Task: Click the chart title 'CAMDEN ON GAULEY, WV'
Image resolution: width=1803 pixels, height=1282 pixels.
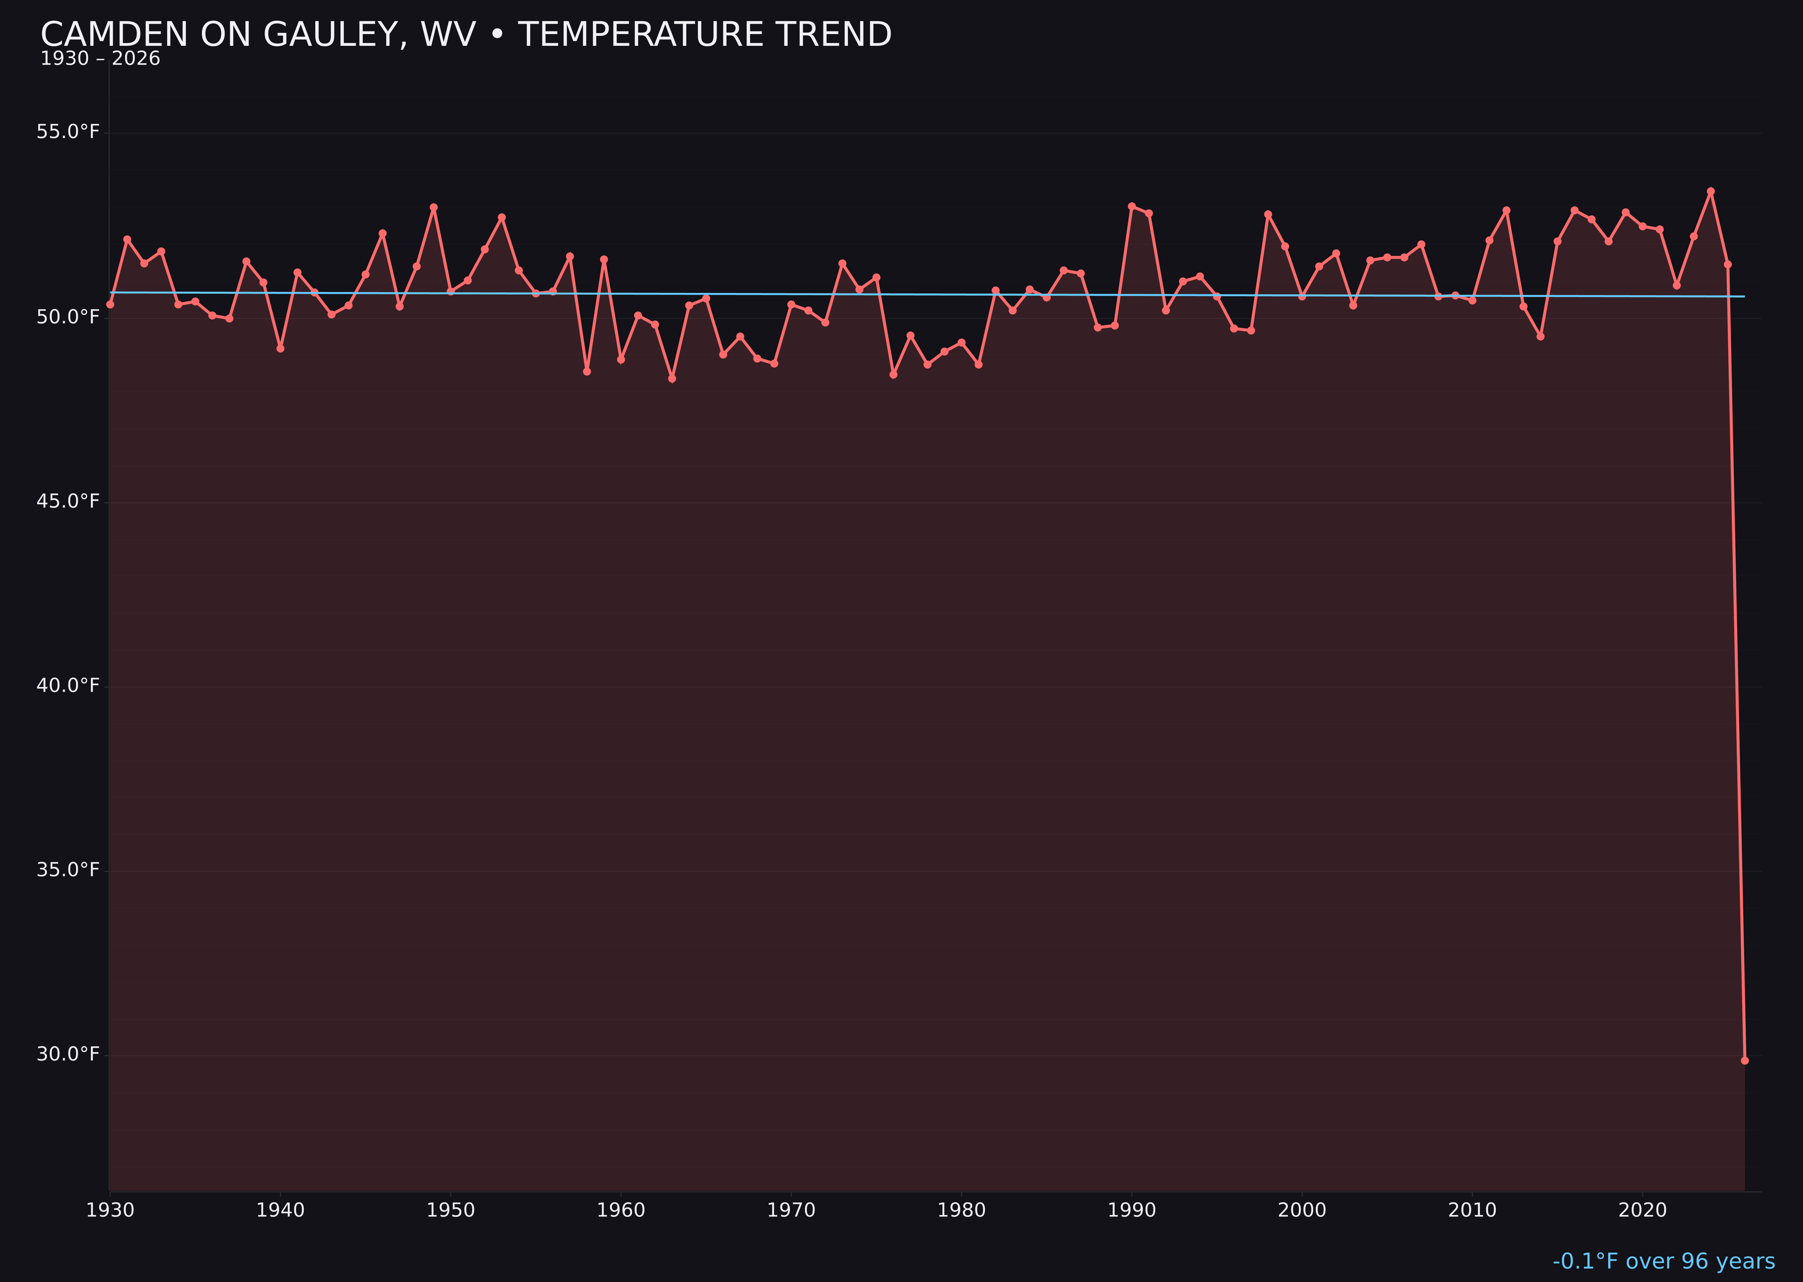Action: pos(466,35)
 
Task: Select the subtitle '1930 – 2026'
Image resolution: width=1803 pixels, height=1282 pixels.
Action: pos(100,59)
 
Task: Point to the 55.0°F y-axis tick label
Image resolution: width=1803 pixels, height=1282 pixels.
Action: pos(68,132)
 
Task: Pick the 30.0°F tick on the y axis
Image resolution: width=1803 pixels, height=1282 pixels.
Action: pos(68,1055)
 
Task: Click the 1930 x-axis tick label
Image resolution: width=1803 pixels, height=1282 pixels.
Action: pos(110,1211)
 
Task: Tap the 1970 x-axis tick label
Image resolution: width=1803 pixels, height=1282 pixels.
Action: pos(791,1211)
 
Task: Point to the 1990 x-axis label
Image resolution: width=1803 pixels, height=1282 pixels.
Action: pos(1132,1211)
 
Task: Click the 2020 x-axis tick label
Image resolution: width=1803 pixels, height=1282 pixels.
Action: pos(1643,1211)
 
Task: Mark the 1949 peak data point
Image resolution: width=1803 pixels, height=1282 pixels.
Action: pos(433,208)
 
